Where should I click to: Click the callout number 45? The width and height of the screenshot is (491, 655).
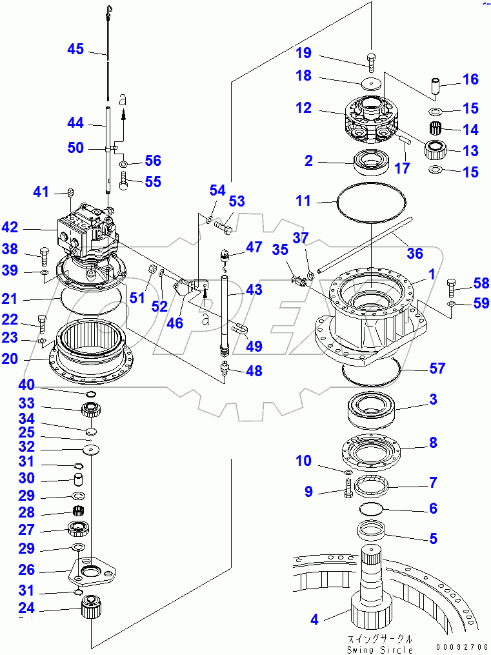point(75,49)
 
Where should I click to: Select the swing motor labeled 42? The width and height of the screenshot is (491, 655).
point(86,230)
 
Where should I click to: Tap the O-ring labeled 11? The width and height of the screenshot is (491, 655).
point(372,204)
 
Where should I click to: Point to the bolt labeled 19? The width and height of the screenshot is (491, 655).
point(371,61)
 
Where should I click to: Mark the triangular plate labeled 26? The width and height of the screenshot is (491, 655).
point(91,570)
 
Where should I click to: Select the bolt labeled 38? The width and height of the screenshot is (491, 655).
point(44,255)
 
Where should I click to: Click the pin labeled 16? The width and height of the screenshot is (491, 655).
point(436,85)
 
